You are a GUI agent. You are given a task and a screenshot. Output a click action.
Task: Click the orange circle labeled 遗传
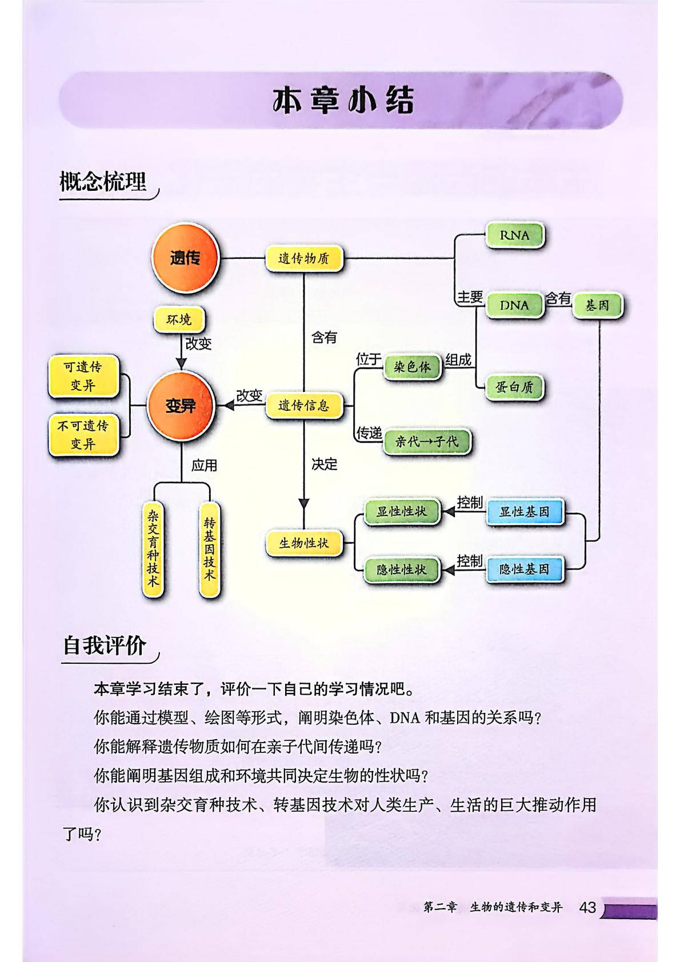185,257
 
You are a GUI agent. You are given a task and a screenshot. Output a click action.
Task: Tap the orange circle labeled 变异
180,406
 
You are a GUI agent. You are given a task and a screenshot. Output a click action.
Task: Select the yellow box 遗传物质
304,259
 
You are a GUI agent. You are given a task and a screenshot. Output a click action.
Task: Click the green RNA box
514,235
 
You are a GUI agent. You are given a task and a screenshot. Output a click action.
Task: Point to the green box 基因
597,306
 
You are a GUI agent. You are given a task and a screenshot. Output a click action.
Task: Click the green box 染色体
413,367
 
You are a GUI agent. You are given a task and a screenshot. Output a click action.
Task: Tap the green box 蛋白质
514,388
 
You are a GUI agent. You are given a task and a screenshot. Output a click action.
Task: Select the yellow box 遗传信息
304,406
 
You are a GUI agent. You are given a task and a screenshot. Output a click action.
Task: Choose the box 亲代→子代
427,442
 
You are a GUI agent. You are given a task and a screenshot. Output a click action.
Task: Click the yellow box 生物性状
304,543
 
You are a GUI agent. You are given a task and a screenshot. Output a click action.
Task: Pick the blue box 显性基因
524,512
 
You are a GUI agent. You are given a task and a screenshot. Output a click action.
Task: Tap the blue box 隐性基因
524,569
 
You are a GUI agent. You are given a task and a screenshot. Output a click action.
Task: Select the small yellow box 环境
179,320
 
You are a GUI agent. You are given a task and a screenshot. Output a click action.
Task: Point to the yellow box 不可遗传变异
83,434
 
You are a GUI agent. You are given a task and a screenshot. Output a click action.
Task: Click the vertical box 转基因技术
210,548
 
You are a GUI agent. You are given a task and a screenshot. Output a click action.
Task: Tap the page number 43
587,907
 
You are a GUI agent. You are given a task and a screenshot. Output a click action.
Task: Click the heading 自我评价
105,646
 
